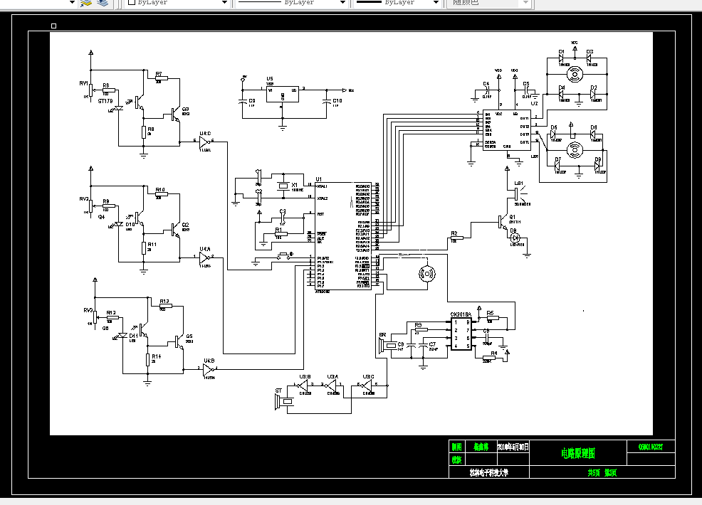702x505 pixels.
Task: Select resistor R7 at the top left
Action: point(158,80)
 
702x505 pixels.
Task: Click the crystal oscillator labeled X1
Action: point(283,186)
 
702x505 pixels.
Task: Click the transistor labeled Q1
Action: point(504,222)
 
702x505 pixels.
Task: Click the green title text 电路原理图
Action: point(577,452)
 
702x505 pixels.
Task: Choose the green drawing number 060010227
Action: point(650,447)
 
